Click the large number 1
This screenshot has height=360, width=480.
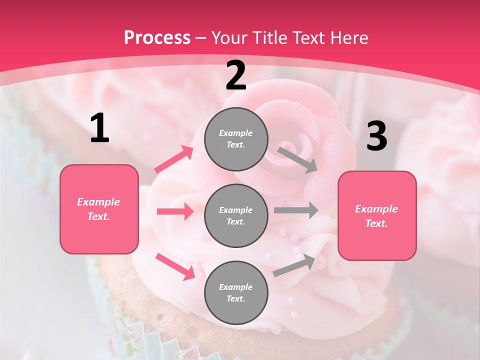[99, 128]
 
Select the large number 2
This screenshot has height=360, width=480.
[236, 75]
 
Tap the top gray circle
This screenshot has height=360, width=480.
[236, 139]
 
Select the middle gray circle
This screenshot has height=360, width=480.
[236, 215]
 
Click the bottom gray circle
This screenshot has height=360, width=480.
[236, 292]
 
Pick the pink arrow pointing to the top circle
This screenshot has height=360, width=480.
[174, 159]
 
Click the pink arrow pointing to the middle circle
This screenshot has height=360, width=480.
[175, 211]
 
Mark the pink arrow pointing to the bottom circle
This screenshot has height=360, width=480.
[175, 266]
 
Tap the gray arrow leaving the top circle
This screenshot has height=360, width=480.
[298, 159]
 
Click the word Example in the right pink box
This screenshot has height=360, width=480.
[376, 209]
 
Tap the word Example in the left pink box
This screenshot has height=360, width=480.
[98, 202]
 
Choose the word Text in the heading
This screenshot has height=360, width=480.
[307, 38]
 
